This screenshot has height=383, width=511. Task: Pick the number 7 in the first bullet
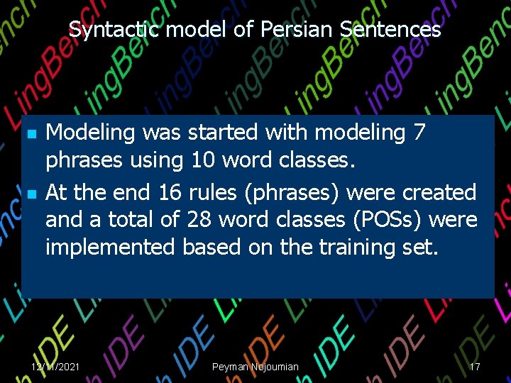pos(418,133)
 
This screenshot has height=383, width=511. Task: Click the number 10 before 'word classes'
pos(205,160)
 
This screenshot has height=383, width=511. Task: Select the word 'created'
pos(440,192)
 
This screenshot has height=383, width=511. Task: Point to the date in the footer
pos(55,367)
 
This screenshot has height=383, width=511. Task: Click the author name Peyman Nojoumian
pos(255,367)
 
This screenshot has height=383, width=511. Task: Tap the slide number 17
pos(475,367)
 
